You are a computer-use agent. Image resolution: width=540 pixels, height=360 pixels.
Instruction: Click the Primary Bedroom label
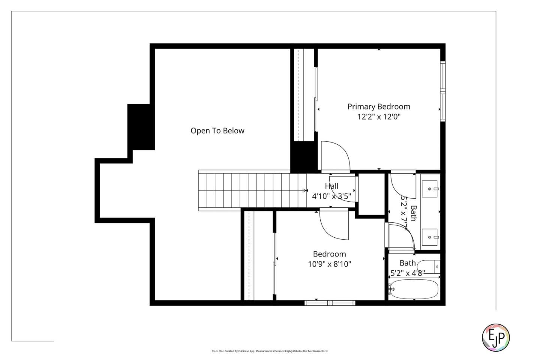[379, 106]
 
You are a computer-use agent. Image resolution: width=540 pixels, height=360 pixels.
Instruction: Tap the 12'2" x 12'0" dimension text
[379, 117]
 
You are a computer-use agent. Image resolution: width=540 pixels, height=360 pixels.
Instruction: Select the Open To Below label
[217, 130]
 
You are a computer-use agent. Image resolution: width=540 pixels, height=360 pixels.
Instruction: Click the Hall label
[331, 186]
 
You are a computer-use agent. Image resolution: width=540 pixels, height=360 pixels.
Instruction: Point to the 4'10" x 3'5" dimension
[331, 196]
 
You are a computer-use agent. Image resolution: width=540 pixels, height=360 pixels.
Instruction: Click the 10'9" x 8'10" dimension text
[329, 264]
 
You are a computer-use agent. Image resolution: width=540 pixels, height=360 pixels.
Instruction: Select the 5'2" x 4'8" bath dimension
[408, 273]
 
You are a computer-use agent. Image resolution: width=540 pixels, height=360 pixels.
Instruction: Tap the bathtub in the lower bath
[413, 289]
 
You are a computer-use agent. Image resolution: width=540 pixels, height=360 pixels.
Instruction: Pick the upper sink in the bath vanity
[430, 189]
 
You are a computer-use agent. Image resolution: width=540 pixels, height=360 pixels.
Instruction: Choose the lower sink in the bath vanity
[430, 237]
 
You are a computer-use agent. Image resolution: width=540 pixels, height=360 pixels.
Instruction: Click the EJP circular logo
[495, 337]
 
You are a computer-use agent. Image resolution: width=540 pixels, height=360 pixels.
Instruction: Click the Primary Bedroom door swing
[334, 155]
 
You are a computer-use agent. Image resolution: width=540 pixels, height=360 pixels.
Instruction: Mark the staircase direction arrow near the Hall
[304, 190]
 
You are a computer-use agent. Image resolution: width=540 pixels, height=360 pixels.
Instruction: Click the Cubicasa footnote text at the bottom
[270, 351]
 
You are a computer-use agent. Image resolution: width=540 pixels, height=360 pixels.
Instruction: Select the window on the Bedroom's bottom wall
[330, 303]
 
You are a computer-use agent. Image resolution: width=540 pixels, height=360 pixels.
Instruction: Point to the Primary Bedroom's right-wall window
[443, 91]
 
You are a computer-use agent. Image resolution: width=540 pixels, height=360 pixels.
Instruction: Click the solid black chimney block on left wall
[141, 127]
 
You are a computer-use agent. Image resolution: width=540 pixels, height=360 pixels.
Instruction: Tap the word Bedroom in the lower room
[329, 254]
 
